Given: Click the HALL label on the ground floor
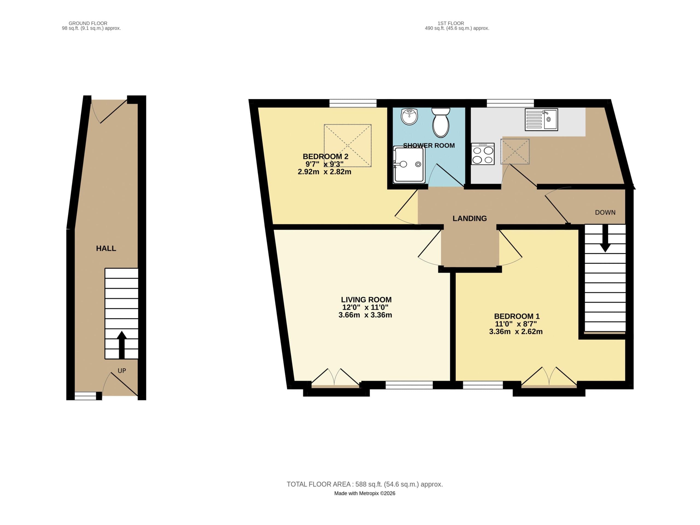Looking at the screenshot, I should (x=106, y=249).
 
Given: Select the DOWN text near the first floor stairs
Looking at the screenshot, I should (x=605, y=212).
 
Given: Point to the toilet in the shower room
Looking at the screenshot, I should (x=441, y=122).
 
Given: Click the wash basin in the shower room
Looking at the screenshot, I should (x=409, y=116).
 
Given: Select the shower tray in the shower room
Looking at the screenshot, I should (x=409, y=164).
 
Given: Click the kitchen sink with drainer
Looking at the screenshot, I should (x=541, y=120).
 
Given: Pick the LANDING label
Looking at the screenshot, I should (x=470, y=218).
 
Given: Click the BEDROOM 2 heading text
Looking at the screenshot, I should (x=325, y=156).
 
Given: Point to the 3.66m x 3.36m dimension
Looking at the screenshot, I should (x=365, y=315).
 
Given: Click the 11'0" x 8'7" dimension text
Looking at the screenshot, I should (x=516, y=324).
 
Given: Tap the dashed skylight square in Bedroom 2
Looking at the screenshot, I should (x=347, y=146).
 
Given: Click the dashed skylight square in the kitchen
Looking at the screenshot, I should (x=515, y=152).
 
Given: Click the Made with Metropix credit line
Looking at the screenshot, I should (x=365, y=493).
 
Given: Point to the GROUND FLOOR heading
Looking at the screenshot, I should (x=88, y=23).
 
